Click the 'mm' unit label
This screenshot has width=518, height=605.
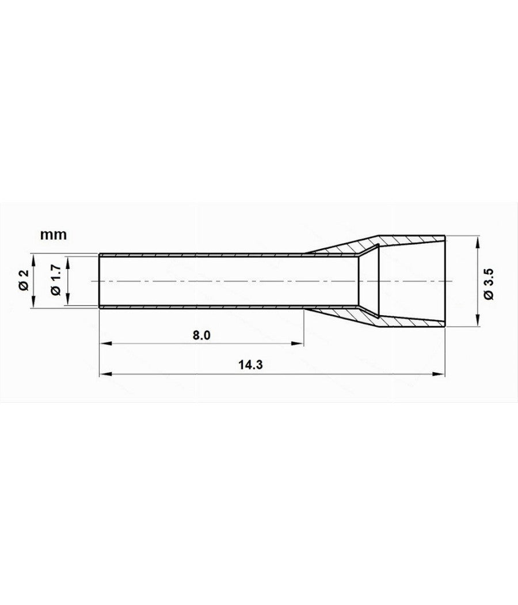[54, 235]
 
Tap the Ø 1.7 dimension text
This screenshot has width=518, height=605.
[56, 281]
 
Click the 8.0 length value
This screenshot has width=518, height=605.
[201, 335]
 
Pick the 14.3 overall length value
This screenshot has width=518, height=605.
[246, 365]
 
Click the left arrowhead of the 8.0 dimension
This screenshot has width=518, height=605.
[104, 344]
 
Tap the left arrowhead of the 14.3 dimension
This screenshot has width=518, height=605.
[104, 374]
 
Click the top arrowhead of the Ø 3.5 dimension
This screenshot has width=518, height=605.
[477, 240]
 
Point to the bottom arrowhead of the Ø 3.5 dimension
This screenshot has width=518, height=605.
[477, 323]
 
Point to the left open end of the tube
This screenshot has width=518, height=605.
[100, 281]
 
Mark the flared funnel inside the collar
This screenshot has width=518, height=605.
[368, 281]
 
